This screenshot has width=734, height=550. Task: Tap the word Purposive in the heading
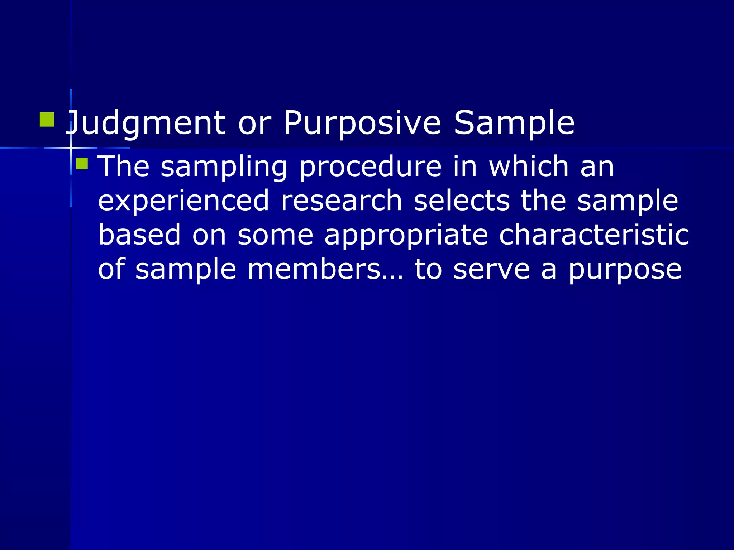[x=362, y=124]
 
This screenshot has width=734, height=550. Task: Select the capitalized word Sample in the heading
[x=514, y=124]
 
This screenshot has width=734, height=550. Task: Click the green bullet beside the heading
[x=47, y=120]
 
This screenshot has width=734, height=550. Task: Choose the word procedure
[x=370, y=167]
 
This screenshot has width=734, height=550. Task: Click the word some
[x=275, y=235]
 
